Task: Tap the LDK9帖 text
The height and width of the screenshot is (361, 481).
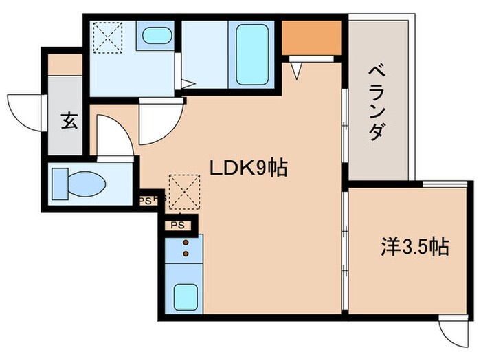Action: coord(248,168)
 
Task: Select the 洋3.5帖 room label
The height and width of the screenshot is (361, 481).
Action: coord(415,246)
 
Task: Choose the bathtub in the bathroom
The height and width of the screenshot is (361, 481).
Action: coord(251,54)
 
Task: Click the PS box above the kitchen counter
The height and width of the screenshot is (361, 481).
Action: coord(177,225)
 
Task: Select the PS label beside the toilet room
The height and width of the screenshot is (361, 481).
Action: coord(146,200)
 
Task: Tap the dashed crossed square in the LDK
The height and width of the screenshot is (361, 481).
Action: coord(183,191)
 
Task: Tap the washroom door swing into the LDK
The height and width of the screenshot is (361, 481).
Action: coord(160,120)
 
